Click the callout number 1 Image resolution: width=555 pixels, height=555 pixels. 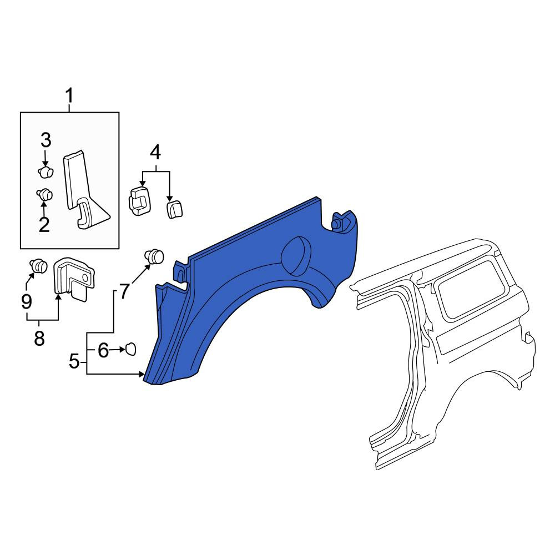click(x=69, y=95)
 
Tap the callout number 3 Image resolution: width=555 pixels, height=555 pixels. click(x=46, y=140)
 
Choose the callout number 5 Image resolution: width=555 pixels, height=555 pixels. click(x=74, y=361)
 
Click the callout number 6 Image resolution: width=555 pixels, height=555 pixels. click(x=103, y=350)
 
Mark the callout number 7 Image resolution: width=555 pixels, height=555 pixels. click(x=124, y=292)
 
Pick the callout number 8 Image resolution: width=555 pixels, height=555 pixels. click(x=39, y=338)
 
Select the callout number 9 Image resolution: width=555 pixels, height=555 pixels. click(x=27, y=301)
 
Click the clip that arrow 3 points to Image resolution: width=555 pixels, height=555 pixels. click(x=46, y=171)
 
